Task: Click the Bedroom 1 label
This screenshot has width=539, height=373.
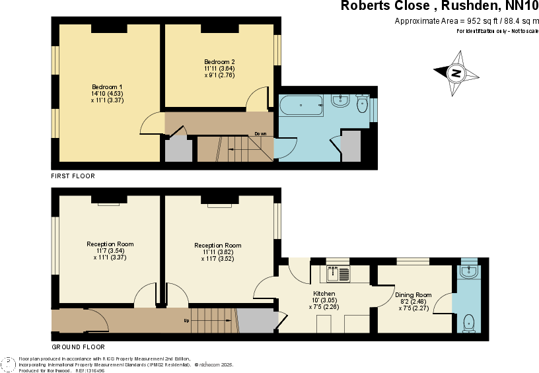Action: click(x=107, y=87)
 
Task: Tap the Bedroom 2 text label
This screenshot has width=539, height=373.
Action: click(x=219, y=62)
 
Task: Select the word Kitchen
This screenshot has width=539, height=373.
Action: click(x=324, y=294)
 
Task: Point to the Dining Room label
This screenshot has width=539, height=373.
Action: click(x=413, y=295)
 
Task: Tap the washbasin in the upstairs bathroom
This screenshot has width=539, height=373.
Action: click(x=341, y=101)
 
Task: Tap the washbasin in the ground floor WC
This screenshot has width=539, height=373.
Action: click(x=469, y=271)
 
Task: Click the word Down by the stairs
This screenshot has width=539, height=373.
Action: click(x=260, y=134)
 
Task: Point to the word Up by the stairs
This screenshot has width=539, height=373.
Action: click(x=187, y=322)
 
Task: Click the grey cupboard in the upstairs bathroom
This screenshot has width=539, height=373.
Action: click(x=351, y=147)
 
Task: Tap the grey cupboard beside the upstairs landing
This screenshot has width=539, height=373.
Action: click(x=178, y=150)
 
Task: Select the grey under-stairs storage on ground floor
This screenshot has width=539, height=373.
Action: click(x=256, y=321)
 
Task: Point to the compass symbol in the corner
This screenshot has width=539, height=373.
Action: click(x=9, y=364)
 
